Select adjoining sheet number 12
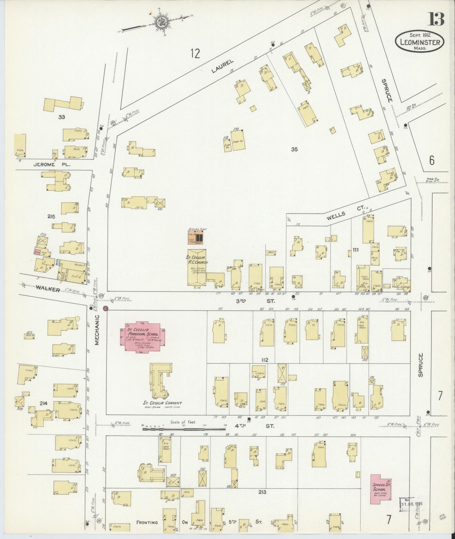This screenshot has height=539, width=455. [x=195, y=54]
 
